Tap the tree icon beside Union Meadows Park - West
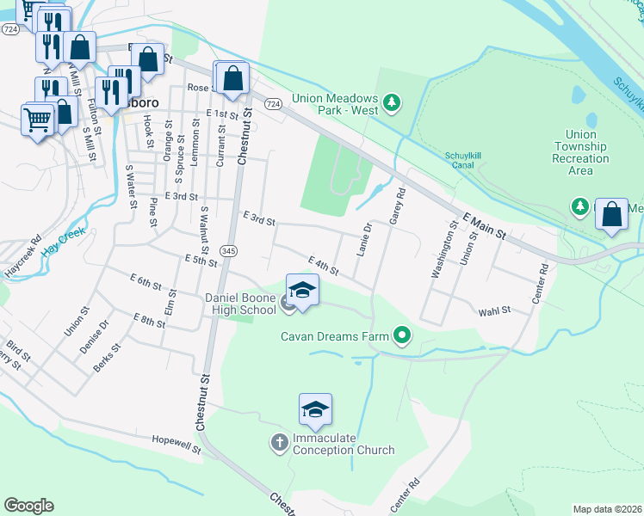tap(393, 104)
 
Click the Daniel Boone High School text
tap(240, 304)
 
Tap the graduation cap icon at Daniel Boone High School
tap(302, 290)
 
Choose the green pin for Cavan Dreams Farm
tap(400, 335)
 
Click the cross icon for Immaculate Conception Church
tap(279, 443)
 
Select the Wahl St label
tap(494, 310)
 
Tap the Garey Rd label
tap(397, 207)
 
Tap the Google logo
tap(29, 505)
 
